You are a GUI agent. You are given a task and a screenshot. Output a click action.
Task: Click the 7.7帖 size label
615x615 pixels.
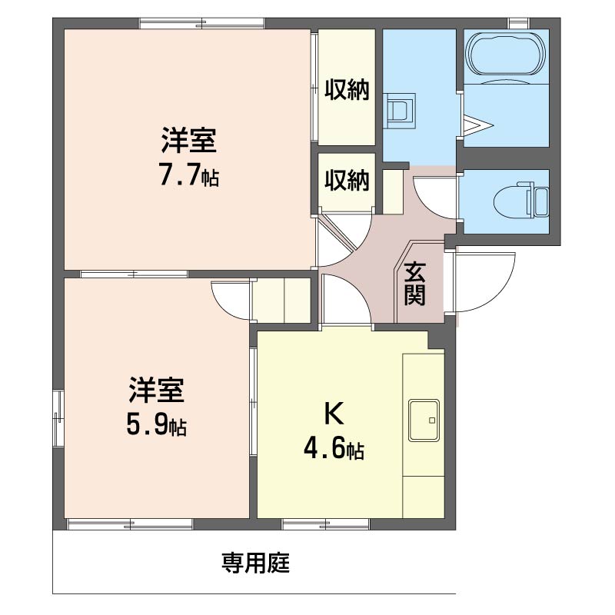coord(189,177)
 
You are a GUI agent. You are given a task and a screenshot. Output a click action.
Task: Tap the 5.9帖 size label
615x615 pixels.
coord(157,425)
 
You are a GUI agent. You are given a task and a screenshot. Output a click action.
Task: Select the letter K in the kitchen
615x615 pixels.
coord(333,414)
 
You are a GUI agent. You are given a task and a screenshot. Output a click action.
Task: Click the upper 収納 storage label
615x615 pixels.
coord(347,90)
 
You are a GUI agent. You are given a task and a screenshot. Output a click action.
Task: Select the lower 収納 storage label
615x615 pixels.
coord(347,181)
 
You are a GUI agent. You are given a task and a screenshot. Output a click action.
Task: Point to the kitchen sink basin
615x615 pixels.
coord(424,421)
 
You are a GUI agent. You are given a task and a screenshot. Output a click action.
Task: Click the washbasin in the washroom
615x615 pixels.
coord(401,109)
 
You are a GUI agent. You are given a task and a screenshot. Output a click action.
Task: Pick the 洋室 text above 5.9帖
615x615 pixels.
coord(157,391)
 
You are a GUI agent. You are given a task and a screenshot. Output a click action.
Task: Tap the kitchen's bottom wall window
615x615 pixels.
coord(326,524)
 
